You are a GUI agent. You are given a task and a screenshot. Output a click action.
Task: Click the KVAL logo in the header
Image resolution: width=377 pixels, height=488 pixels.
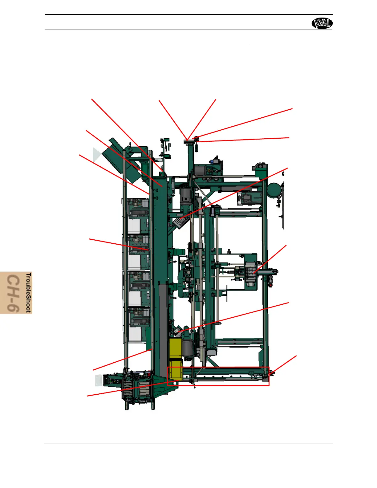point(322,23)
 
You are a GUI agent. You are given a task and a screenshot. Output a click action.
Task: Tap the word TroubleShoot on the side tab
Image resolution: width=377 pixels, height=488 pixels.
point(29,292)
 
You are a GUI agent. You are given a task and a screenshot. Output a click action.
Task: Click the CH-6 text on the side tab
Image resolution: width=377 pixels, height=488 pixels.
point(14,293)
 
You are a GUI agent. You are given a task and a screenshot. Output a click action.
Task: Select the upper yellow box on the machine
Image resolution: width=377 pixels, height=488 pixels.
point(175,348)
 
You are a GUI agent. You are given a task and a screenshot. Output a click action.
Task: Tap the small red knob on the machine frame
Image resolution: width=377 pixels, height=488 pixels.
point(270,285)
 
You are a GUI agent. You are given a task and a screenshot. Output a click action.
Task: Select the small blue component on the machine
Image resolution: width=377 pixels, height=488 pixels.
point(212,162)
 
